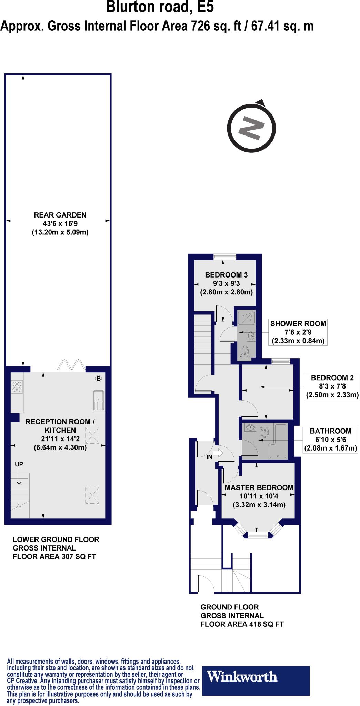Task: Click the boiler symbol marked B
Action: point(98,379)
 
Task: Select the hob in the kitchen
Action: point(17,386)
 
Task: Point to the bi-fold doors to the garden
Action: point(71,365)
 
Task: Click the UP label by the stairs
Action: point(19,465)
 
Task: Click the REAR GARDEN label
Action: point(60,215)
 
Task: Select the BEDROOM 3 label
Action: point(226,275)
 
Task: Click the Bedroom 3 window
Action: point(224,256)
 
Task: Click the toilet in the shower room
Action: point(245,352)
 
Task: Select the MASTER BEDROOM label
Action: point(259,487)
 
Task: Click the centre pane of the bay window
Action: point(258,535)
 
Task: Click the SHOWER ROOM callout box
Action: point(298,332)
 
